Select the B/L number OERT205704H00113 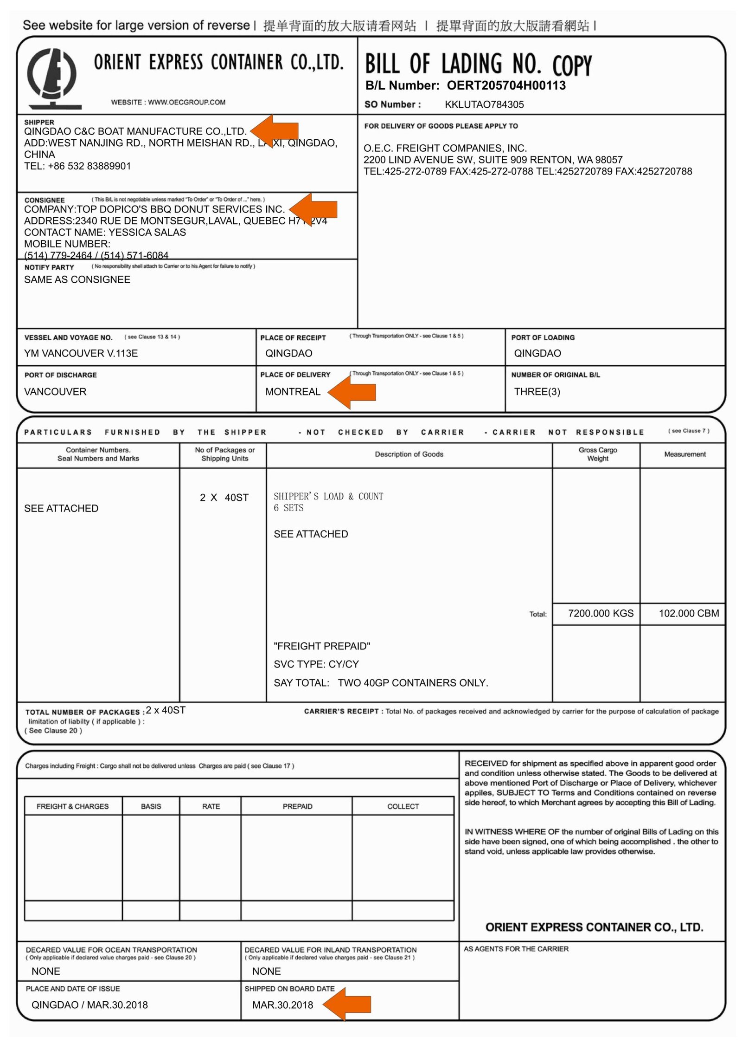tap(506, 85)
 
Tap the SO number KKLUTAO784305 tap(484, 104)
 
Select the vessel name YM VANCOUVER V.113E tap(81, 353)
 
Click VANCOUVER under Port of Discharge tap(55, 391)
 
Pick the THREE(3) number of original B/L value tap(537, 391)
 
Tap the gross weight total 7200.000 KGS tap(601, 613)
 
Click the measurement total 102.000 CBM tap(689, 613)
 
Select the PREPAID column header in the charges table tap(297, 806)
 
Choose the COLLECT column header tap(403, 806)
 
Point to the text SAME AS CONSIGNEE tap(77, 279)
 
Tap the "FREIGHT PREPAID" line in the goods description tap(322, 646)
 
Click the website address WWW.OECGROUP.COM tap(186, 102)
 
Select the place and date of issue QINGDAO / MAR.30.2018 tap(90, 1005)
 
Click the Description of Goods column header tap(409, 454)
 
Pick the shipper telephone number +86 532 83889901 tap(89, 166)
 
